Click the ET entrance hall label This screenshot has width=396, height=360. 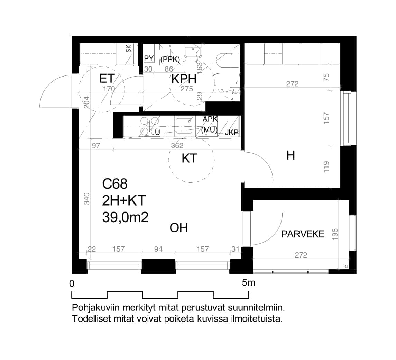click(107, 79)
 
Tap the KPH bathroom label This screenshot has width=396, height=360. click(184, 79)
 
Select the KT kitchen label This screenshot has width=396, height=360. click(190, 159)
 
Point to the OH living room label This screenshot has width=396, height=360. click(179, 228)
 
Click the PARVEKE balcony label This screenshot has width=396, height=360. click(303, 234)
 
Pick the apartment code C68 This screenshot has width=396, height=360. click(115, 184)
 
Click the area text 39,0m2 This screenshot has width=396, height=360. click(125, 217)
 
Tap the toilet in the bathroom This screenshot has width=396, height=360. click(227, 61)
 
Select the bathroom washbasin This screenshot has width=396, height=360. click(192, 52)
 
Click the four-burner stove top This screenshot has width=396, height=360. click(150, 126)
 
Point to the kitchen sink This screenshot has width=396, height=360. click(185, 126)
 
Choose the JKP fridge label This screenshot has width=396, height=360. click(232, 133)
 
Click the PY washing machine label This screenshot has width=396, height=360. click(149, 58)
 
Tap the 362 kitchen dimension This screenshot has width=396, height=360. click(177, 146)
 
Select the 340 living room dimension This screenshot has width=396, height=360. click(86, 199)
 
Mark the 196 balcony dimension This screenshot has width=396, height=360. click(335, 234)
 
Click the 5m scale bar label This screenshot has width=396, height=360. click(249, 283)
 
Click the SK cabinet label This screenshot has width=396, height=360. click(129, 48)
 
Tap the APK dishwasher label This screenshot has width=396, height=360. click(210, 119)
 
